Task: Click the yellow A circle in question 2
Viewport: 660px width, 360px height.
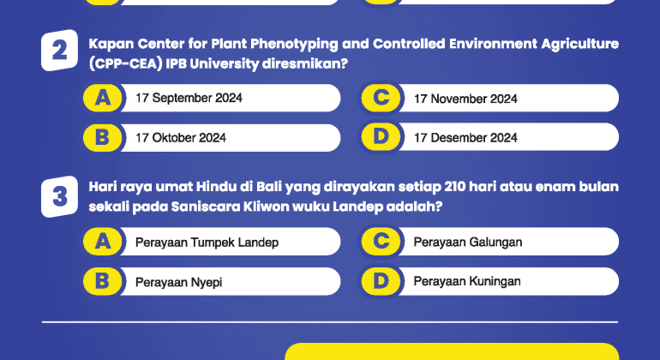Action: (103, 99)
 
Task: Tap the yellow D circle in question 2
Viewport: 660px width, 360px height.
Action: (381, 137)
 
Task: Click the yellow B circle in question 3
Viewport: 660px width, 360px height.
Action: (103, 281)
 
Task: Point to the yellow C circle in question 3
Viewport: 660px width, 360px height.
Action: (381, 243)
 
